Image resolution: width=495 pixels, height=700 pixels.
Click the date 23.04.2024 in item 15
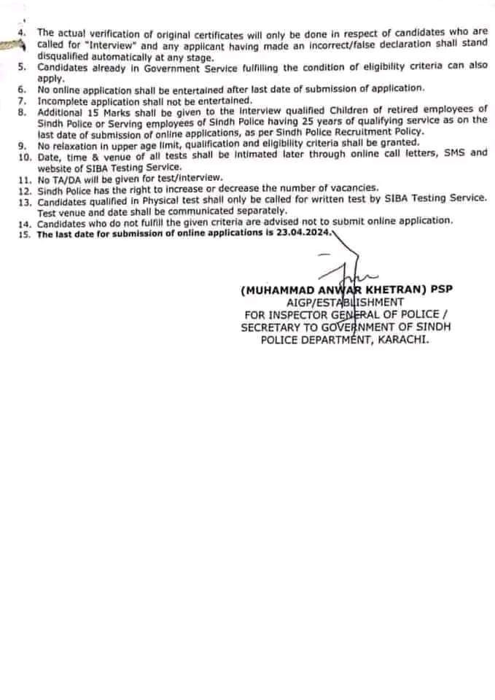coord(307,234)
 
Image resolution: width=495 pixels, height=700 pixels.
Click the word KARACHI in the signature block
coord(401,340)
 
